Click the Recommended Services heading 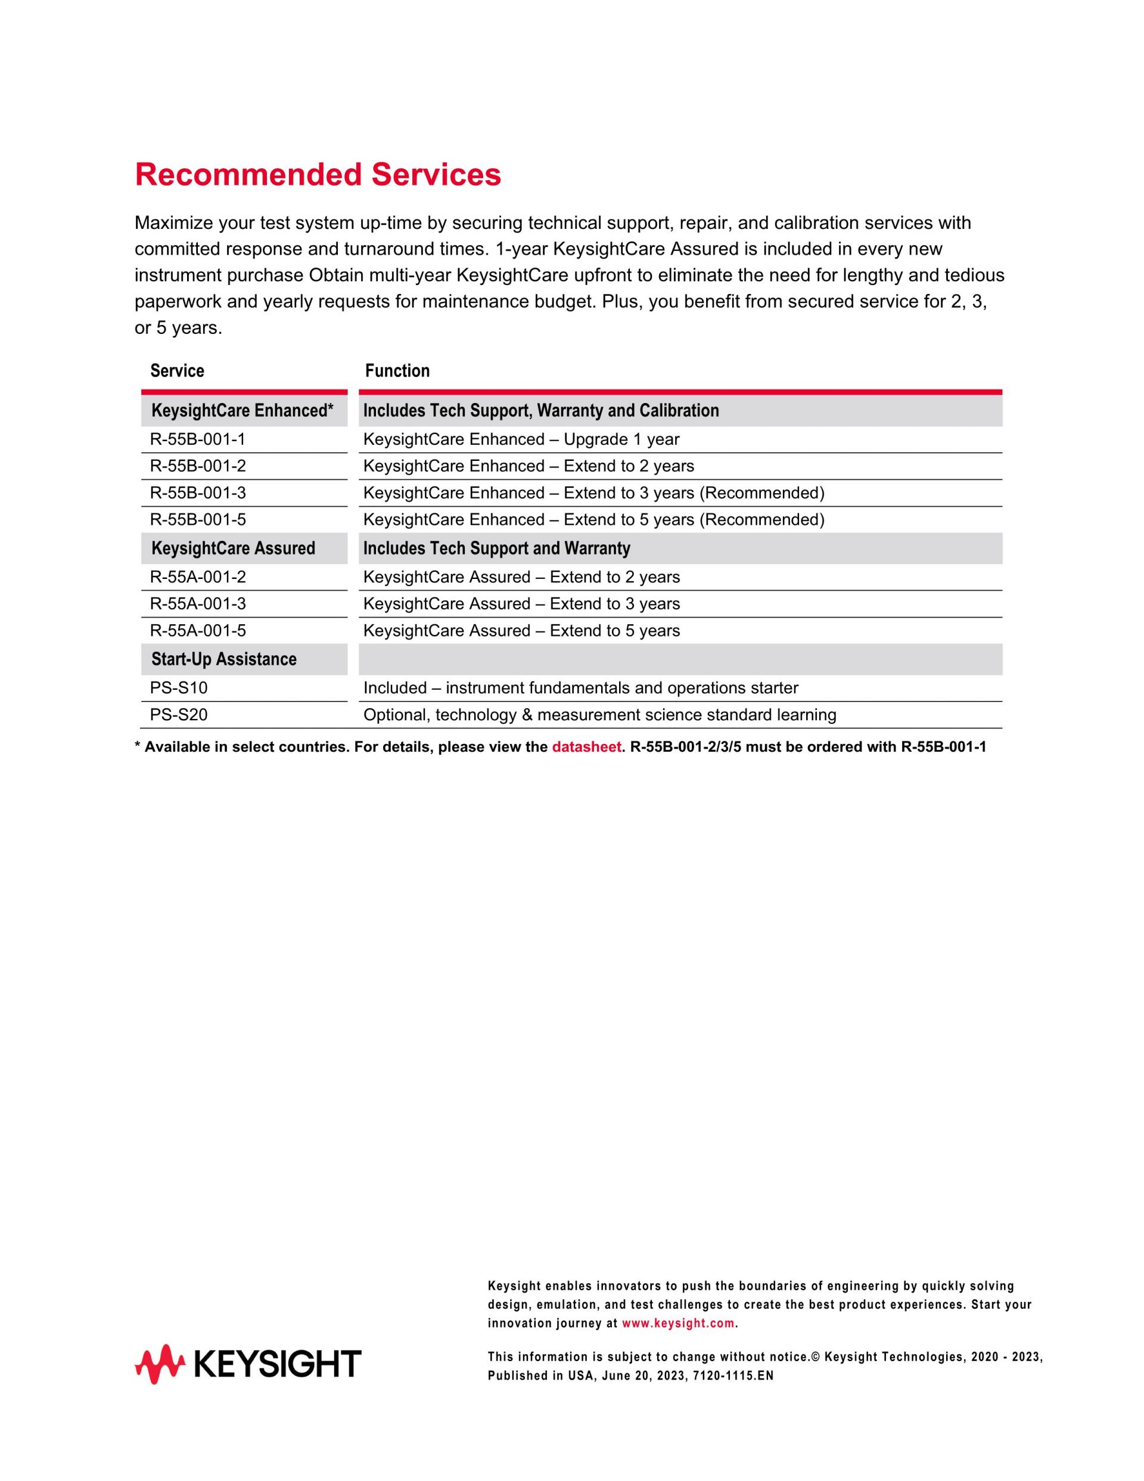318,175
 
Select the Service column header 177,371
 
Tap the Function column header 397,371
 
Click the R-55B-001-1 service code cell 197,439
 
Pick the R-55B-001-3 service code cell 198,493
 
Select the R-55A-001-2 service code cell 198,577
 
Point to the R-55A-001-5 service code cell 198,631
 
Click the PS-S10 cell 179,687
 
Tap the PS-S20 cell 179,715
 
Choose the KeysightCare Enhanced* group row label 242,411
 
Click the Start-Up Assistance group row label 223,659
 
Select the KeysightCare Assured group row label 233,549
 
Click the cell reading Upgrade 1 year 521,439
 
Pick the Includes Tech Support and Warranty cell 497,549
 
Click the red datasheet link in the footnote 586,747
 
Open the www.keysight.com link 677,1323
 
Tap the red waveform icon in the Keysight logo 160,1364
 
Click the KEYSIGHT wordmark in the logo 278,1364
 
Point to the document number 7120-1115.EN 733,1376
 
